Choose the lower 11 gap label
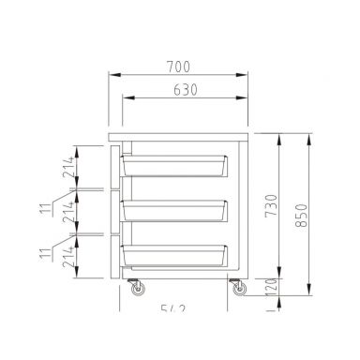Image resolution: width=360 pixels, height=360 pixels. click(43, 251)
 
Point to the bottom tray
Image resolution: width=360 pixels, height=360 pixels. click(174, 255)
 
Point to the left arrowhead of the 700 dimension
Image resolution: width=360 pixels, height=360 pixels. click(113, 75)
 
